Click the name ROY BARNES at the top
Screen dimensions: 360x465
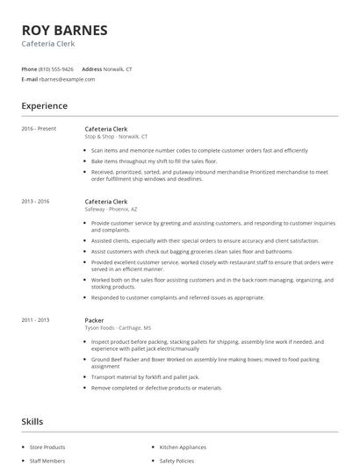pyautogui.click(x=65, y=30)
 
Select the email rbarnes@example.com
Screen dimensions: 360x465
pyautogui.click(x=67, y=79)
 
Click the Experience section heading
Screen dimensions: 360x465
pyautogui.click(x=44, y=106)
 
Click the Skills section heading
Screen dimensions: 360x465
pyautogui.click(x=32, y=422)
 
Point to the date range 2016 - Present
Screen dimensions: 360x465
pyautogui.click(x=40, y=129)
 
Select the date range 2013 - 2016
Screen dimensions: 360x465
pyautogui.click(x=36, y=202)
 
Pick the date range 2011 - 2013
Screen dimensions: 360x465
pyautogui.click(x=36, y=320)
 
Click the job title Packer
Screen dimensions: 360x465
pyautogui.click(x=94, y=320)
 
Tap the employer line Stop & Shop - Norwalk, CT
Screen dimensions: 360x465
pyautogui.click(x=116, y=137)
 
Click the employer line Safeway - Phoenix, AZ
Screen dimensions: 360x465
pyautogui.click(x=112, y=210)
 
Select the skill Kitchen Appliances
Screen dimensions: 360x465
pyautogui.click(x=182, y=447)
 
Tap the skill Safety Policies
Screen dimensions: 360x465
pyautogui.click(x=176, y=460)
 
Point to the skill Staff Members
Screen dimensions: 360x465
pyautogui.click(x=47, y=460)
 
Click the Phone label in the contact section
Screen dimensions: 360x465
pyautogui.click(x=29, y=68)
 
